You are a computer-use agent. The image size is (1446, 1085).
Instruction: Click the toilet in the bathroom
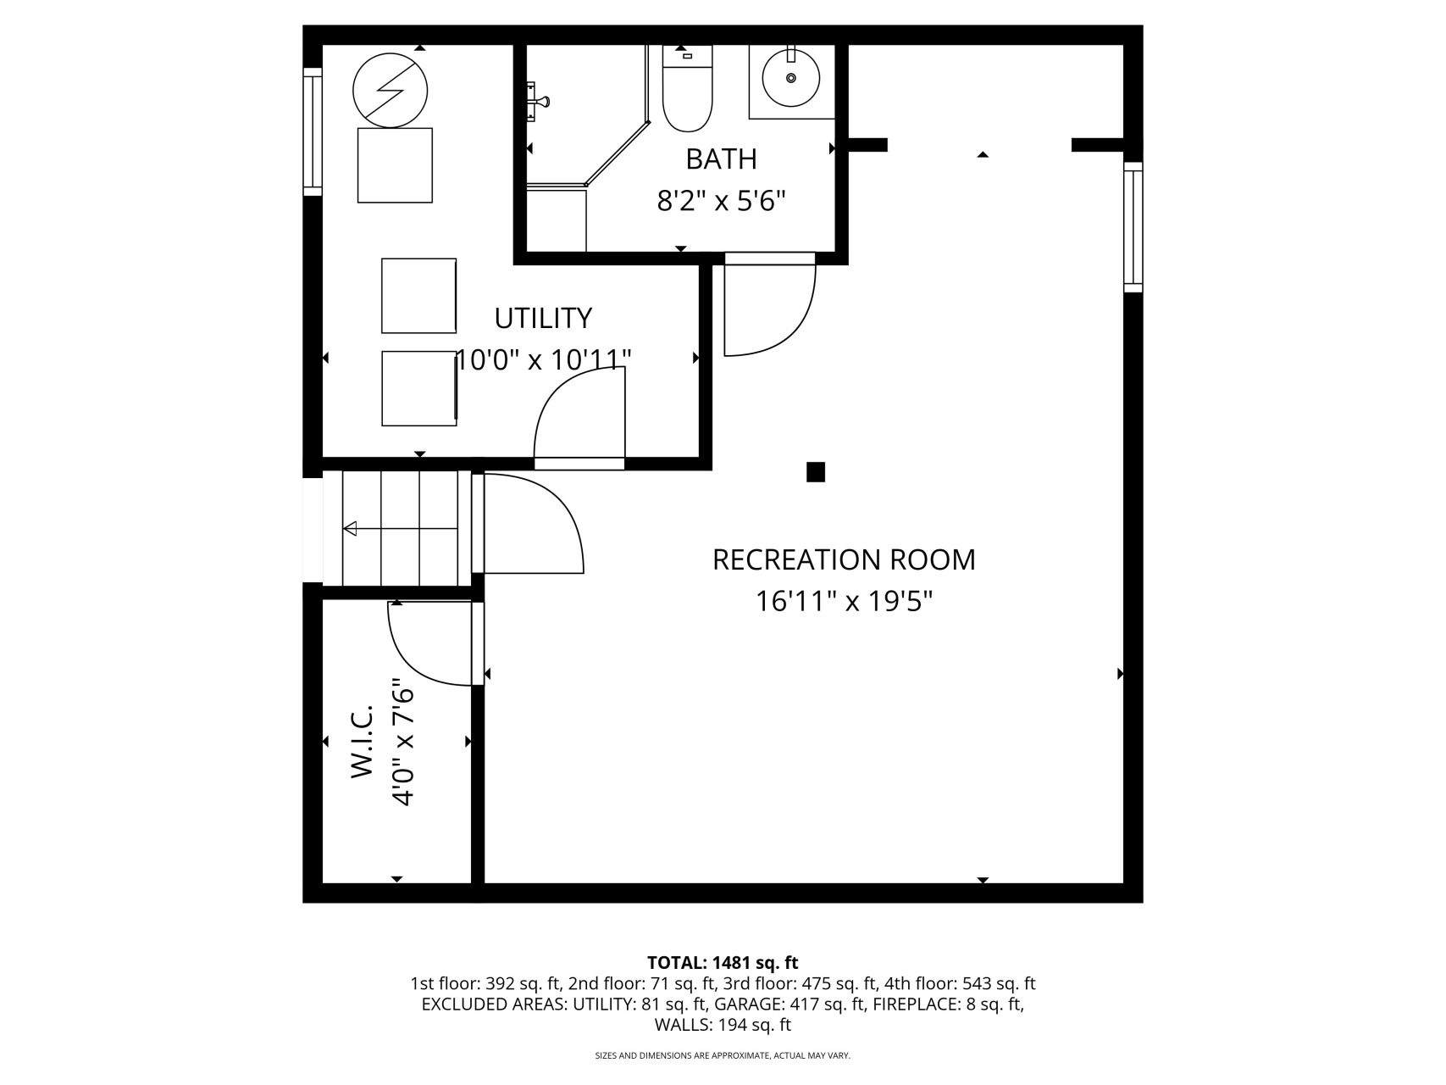(687, 88)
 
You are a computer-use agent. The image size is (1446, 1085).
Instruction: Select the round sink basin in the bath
(791, 77)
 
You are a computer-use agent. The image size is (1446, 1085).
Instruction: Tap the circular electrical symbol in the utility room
(390, 91)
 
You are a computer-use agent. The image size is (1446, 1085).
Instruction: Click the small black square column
(816, 472)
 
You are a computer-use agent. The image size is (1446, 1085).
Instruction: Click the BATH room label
(721, 159)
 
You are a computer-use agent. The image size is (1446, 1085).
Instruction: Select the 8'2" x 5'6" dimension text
(721, 201)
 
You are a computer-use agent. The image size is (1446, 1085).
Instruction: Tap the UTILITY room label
(543, 318)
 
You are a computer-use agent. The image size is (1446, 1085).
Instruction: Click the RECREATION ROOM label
(844, 559)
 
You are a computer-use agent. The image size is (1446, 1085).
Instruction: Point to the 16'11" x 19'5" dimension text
(844, 602)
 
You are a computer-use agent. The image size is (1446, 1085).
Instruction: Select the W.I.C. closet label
(362, 740)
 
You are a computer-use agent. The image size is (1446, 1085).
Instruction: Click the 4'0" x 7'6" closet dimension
(403, 744)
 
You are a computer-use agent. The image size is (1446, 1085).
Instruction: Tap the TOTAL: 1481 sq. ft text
(723, 962)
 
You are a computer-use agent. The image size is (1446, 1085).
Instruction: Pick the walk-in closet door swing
(407, 661)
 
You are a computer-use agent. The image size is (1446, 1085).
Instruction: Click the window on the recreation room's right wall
(1133, 227)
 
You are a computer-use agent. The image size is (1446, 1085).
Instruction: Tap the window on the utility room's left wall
(313, 131)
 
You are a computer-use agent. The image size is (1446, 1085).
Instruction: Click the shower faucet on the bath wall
(537, 103)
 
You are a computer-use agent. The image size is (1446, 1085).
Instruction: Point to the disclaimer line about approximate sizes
(723, 1055)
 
